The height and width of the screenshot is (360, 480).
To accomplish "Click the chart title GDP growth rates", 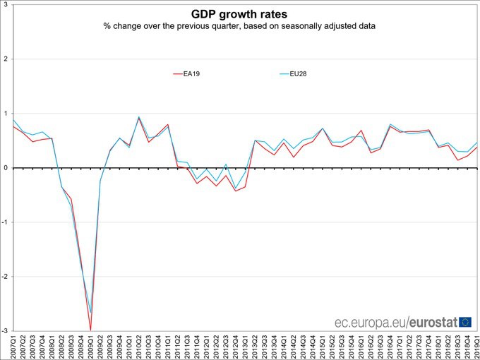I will pyautogui.click(x=239, y=13).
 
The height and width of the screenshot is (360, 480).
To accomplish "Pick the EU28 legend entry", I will pyautogui.click(x=299, y=73).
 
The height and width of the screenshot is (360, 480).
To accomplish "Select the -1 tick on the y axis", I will pyautogui.click(x=4, y=222).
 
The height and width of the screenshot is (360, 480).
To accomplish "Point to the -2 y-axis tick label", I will pyautogui.click(x=4, y=277).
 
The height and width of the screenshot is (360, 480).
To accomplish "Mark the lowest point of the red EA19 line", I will pyautogui.click(x=90, y=330).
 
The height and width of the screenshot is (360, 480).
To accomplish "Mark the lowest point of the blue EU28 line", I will pyautogui.click(x=90, y=312).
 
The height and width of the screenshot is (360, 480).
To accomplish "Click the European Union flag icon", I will pyautogui.click(x=465, y=323).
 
